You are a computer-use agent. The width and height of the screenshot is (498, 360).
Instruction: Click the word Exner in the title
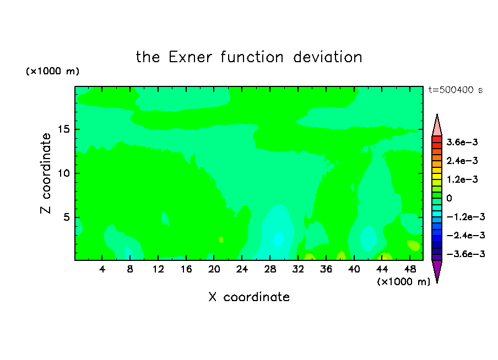pos(190,57)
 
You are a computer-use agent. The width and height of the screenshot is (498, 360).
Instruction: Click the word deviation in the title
pos(327,57)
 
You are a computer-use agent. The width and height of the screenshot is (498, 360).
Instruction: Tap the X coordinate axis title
pos(249,297)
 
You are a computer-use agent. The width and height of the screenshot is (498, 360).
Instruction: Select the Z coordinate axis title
pos(46,173)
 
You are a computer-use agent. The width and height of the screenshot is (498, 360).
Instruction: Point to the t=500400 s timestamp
pos(456,90)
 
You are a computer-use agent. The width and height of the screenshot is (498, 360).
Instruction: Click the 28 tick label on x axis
pos(270,269)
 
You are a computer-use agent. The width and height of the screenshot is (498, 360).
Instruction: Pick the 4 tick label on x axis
pos(102,269)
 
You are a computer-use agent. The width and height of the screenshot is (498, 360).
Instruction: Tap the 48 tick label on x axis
pos(410,269)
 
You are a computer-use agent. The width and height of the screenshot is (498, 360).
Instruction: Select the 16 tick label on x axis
pos(186,269)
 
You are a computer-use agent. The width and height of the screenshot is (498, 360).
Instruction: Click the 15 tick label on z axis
pos(63,129)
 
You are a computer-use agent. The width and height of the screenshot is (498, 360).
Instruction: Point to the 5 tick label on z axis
pos(66,217)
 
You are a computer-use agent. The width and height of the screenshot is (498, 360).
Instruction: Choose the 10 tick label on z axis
pos(63,173)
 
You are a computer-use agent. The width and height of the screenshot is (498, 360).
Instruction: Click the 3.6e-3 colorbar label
pos(462,142)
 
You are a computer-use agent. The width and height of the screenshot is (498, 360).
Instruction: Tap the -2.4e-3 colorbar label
pos(465,235)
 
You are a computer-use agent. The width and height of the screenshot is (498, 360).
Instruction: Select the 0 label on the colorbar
pos(449,198)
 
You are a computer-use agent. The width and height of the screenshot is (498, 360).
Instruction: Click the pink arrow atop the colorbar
pos(437,126)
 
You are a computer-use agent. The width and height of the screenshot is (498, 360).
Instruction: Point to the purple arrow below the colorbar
pos(437,270)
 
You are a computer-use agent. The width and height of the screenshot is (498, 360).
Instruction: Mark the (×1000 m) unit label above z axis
pos(52,71)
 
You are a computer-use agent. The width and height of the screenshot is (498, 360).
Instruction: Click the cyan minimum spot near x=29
pos(279,239)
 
